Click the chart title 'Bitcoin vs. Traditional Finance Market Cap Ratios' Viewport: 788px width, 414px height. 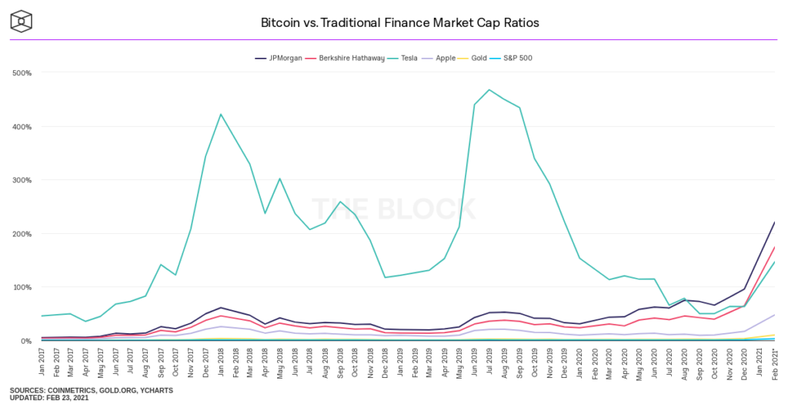(x=400, y=22)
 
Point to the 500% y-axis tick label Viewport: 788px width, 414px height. (x=22, y=73)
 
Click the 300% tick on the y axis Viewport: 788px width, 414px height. (x=22, y=180)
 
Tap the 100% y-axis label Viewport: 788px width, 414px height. (x=22, y=287)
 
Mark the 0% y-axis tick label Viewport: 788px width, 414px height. (x=25, y=341)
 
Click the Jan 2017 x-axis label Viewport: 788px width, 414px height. (x=42, y=362)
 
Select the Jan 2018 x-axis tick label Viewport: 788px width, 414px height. (x=221, y=362)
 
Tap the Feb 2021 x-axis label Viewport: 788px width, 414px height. (x=773, y=362)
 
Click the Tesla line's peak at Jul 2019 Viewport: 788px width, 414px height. (x=489, y=90)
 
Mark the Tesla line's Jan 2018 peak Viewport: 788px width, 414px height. (x=221, y=115)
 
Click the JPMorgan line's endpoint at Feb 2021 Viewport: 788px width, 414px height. (x=773, y=222)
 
